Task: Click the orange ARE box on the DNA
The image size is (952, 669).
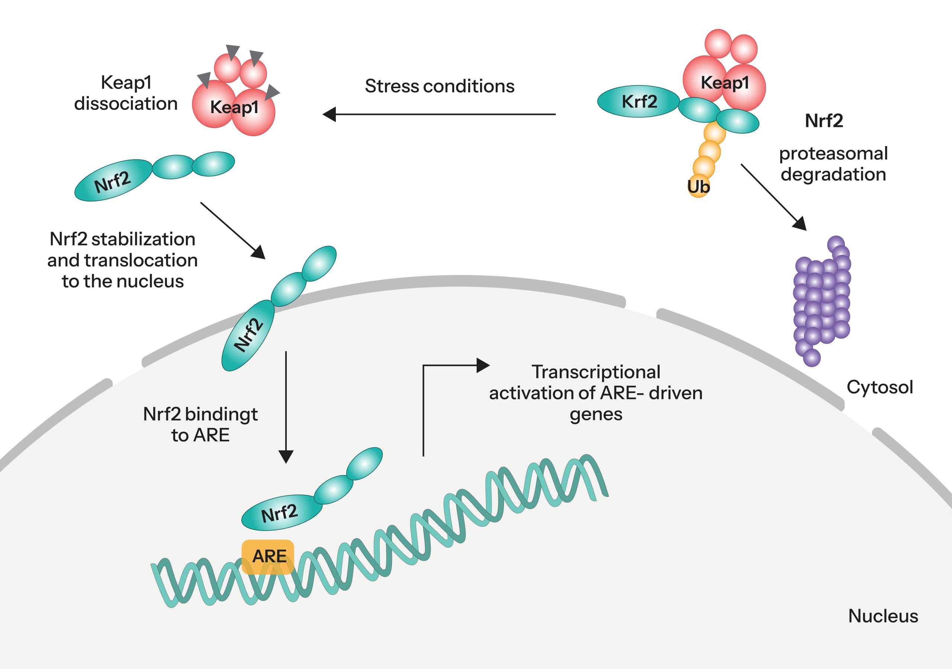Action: [268, 556]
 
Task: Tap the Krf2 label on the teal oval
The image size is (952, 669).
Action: [639, 102]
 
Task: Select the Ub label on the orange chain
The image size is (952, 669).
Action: [698, 187]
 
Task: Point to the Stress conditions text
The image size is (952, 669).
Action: [440, 86]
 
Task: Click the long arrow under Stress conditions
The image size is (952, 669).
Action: [440, 114]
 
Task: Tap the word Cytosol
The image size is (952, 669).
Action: [880, 387]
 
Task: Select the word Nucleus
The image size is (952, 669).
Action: [883, 616]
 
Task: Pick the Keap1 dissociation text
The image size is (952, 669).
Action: [126, 93]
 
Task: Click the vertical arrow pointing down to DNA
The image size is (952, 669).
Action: [286, 406]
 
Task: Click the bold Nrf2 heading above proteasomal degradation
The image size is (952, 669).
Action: [824, 121]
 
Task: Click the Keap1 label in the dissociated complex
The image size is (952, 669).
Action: [234, 108]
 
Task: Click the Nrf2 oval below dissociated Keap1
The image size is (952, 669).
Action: [113, 181]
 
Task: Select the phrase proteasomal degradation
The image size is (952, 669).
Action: [833, 164]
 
